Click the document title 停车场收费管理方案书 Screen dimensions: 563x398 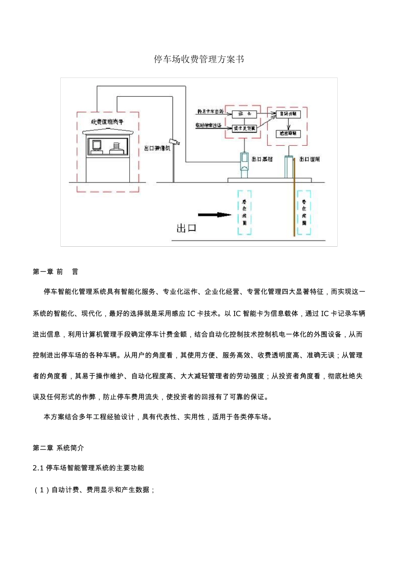199,59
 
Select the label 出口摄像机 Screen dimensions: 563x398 157,148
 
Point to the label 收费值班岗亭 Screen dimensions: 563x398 108,122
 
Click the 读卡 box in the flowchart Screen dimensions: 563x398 244,114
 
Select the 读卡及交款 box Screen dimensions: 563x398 244,129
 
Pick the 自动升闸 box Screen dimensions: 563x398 288,114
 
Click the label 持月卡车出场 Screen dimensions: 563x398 210,112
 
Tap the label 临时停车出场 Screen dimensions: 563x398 209,125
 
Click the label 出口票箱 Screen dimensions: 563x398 262,159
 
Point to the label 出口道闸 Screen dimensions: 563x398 310,159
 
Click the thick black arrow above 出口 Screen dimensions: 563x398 214,215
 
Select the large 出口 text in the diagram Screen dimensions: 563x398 186,228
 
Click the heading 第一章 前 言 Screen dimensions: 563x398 55,272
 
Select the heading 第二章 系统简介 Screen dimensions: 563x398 58,448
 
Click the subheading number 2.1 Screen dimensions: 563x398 38,468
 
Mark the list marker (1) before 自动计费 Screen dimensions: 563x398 41,490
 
